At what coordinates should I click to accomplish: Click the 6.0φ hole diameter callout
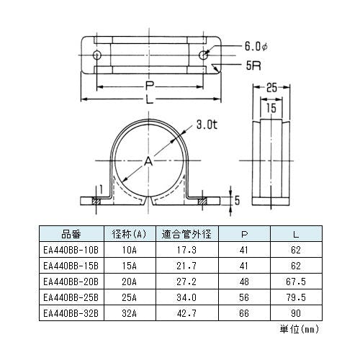(256, 46)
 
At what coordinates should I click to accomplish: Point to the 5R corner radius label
(253, 66)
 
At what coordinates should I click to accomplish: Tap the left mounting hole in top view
(97, 55)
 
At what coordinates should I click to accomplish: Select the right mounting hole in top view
(204, 55)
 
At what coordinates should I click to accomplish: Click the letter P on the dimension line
(150, 86)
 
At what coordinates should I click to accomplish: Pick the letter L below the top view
(150, 99)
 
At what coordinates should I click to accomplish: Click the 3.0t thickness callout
(207, 125)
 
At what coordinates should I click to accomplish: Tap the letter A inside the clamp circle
(148, 161)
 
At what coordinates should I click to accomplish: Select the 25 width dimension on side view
(271, 88)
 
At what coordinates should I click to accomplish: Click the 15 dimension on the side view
(271, 108)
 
